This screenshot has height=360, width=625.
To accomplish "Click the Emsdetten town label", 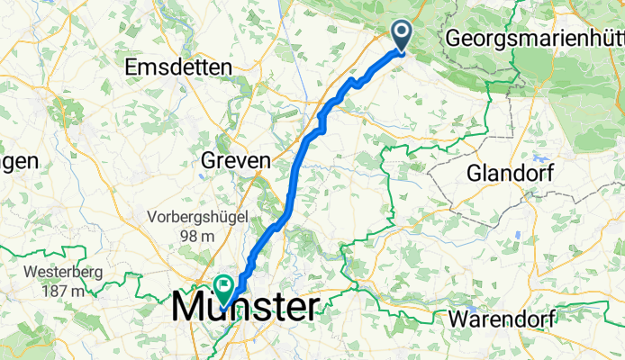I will click(x=179, y=67).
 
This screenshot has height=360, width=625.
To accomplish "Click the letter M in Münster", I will click(x=191, y=306).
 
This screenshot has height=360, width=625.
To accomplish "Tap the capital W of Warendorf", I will click(x=459, y=319).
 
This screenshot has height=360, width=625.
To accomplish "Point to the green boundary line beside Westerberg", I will click(x=126, y=274).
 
